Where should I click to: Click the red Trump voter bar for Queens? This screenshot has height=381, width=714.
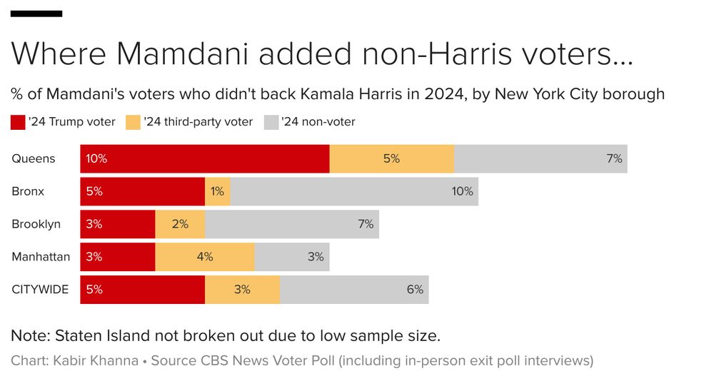(x=205, y=158)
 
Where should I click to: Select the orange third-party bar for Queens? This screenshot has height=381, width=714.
(x=391, y=158)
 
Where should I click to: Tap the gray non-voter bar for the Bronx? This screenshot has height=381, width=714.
(x=354, y=191)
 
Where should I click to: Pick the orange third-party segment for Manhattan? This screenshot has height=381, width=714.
(x=205, y=257)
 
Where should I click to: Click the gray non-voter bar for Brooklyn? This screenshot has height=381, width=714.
(x=291, y=224)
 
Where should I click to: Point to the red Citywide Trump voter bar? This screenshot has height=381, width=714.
(x=143, y=290)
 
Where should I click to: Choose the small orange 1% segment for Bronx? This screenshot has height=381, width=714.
(x=218, y=191)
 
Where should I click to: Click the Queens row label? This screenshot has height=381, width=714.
(x=33, y=158)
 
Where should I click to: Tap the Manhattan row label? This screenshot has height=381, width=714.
(x=41, y=257)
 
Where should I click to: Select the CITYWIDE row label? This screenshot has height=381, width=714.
(x=41, y=290)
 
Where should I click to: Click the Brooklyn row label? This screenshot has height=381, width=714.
(x=36, y=224)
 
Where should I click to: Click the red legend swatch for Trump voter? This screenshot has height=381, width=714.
(x=18, y=122)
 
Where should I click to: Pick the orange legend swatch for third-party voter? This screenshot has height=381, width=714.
(x=133, y=122)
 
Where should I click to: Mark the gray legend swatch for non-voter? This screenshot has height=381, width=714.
(x=271, y=122)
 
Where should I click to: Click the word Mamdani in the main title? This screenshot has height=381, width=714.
(x=180, y=54)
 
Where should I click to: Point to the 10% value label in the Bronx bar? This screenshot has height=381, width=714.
(x=462, y=191)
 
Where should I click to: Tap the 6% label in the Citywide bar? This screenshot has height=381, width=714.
(x=415, y=290)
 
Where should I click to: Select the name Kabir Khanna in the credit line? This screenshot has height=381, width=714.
(x=96, y=360)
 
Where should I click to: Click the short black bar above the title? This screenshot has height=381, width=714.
(x=36, y=14)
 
